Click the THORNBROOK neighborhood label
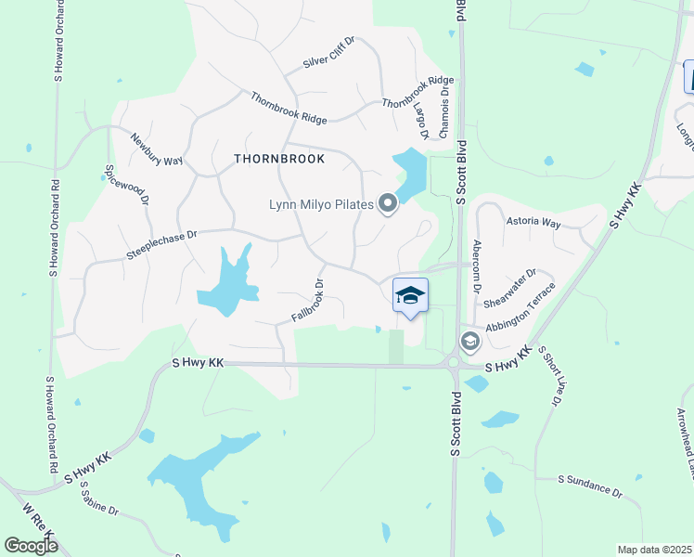pos(279,159)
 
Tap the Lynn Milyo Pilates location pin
pos(388,204)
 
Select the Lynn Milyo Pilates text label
pos(321,204)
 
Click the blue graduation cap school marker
pos(410,296)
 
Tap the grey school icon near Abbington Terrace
pos(469,341)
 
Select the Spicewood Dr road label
pos(124,189)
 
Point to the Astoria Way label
pos(533,224)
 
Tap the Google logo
pos(32,546)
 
